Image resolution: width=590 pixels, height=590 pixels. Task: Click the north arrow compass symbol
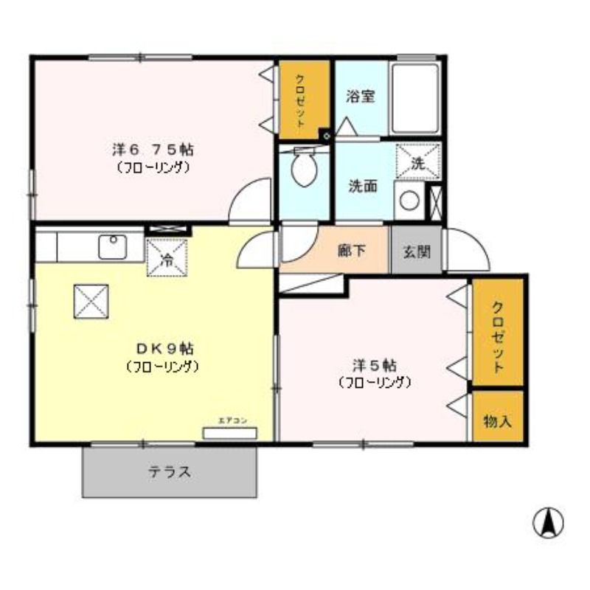[x=547, y=523]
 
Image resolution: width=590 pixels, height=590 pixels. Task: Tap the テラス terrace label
[x=170, y=472]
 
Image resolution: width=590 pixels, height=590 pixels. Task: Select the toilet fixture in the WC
[x=303, y=168]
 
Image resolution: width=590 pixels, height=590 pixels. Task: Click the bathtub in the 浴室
[x=414, y=98]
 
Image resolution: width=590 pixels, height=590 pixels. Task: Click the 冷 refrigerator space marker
[x=167, y=258]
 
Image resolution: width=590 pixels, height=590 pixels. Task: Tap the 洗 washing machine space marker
[x=417, y=162]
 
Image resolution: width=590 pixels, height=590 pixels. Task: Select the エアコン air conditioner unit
[x=230, y=432]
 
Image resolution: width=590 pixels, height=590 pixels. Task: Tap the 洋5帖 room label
[x=374, y=365]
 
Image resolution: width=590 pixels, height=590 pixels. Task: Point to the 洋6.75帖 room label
[x=153, y=149]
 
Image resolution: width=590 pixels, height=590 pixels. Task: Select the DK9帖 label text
[x=164, y=348]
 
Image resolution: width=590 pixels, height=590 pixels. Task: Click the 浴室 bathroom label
[x=361, y=96]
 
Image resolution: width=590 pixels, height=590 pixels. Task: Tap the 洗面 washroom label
[x=363, y=186]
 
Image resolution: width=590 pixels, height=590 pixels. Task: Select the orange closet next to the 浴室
[x=302, y=100]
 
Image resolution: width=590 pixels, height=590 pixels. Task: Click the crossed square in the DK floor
[x=91, y=301]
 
